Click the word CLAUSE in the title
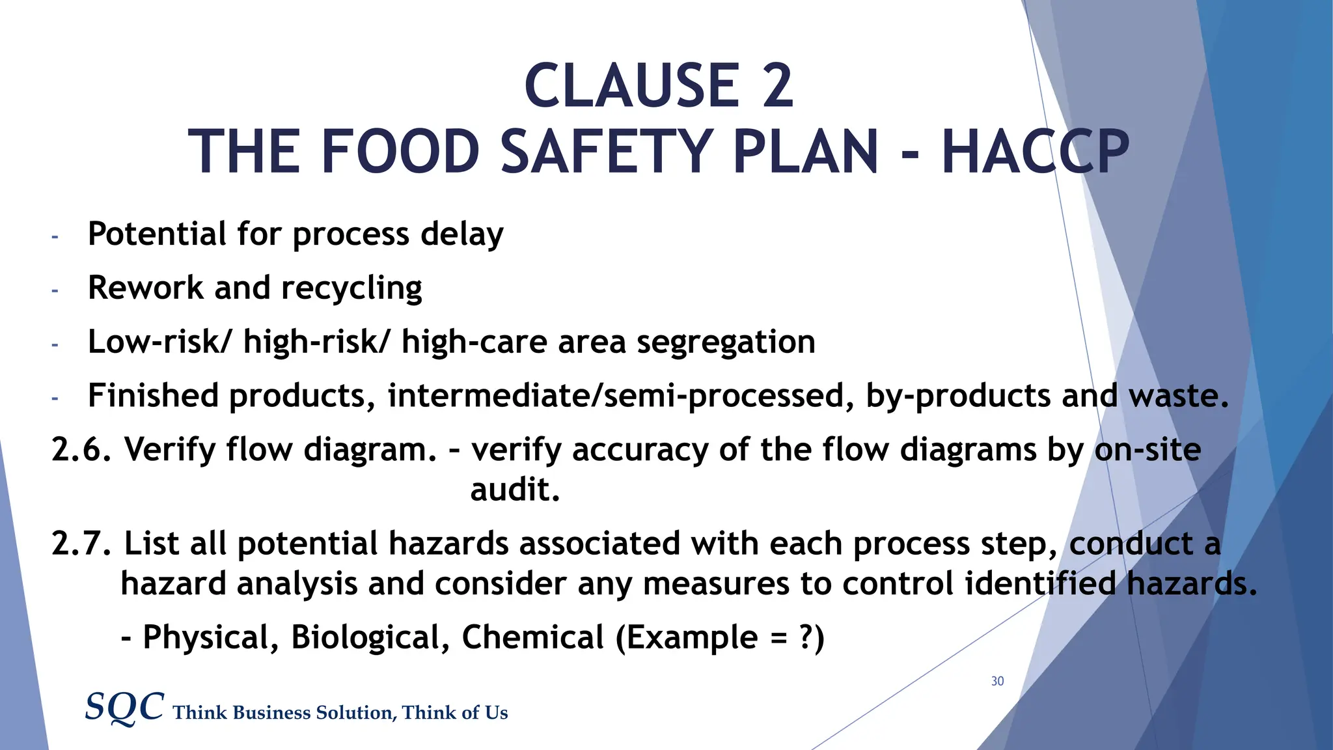631,86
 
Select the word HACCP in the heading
1035,152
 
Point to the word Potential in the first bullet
157,234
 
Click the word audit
514,490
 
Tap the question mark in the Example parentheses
805,637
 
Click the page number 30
997,681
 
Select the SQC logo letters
124,707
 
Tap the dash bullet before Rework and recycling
55,290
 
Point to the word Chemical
532,637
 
